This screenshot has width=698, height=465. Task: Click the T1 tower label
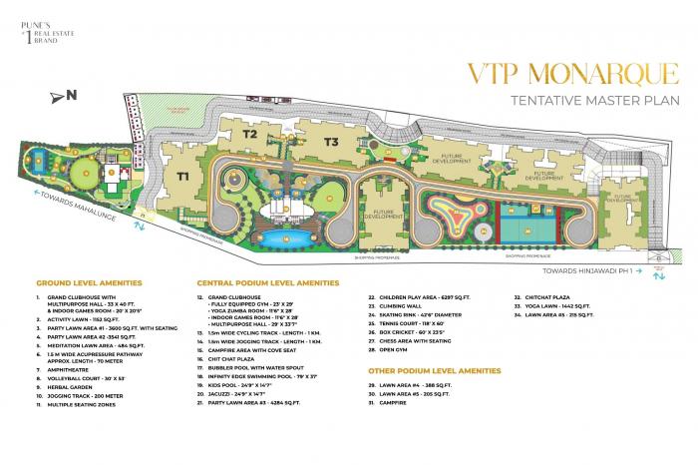click(182, 176)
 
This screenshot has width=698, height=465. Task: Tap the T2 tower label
click(250, 133)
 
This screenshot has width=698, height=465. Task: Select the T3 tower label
click(331, 142)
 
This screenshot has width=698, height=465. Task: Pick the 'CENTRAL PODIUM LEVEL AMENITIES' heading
click(268, 283)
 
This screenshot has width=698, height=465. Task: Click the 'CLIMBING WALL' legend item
click(407, 306)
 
